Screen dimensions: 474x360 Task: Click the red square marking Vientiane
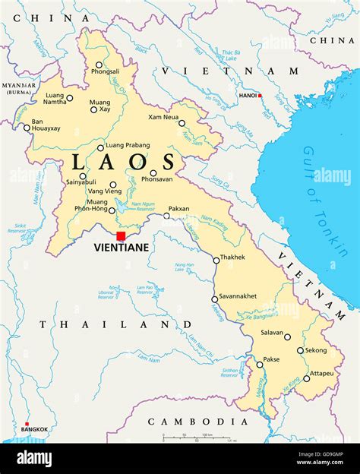click(x=121, y=236)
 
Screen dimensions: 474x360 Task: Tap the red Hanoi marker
click(x=260, y=96)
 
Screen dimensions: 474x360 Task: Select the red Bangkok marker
click(x=27, y=424)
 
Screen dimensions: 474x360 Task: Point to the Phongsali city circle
click(x=99, y=65)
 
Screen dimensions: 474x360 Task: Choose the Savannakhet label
click(x=238, y=295)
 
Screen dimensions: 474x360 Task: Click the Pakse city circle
click(x=260, y=365)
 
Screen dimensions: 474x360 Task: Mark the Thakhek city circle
click(x=216, y=260)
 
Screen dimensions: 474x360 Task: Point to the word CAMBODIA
click(x=197, y=421)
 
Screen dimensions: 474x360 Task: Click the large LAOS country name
click(x=123, y=163)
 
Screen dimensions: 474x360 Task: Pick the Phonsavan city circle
click(x=153, y=172)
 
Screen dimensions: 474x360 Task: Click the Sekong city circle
click(x=301, y=350)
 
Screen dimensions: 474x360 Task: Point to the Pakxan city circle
click(x=167, y=216)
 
